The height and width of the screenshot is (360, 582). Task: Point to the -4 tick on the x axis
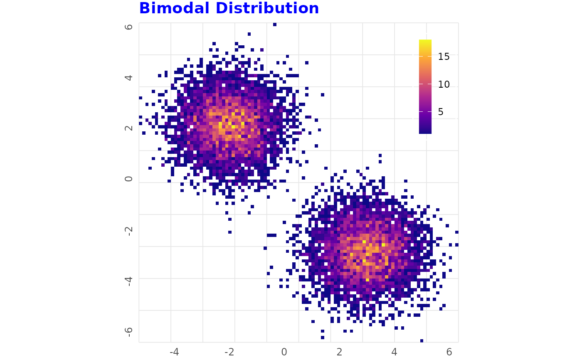click(x=174, y=352)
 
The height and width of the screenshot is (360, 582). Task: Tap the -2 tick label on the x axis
click(x=229, y=352)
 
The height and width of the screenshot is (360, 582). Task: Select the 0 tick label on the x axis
click(x=284, y=352)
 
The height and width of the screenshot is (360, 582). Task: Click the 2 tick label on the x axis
click(x=339, y=352)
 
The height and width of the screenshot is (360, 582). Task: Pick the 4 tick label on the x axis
click(x=394, y=352)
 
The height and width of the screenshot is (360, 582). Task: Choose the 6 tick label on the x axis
click(x=449, y=352)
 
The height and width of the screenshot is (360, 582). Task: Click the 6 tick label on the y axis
click(x=129, y=27)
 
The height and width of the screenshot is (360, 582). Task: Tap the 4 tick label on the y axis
click(x=129, y=78)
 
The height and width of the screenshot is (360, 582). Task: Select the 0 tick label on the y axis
click(x=129, y=179)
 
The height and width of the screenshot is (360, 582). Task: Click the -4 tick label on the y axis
click(x=129, y=281)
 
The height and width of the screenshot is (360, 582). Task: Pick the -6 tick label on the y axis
click(x=129, y=332)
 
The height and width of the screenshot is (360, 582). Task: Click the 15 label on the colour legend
click(x=444, y=57)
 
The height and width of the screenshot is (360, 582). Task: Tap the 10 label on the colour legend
click(x=444, y=84)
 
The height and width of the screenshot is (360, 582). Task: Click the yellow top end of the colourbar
click(x=425, y=42)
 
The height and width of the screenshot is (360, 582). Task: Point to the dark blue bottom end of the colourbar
click(x=425, y=131)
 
